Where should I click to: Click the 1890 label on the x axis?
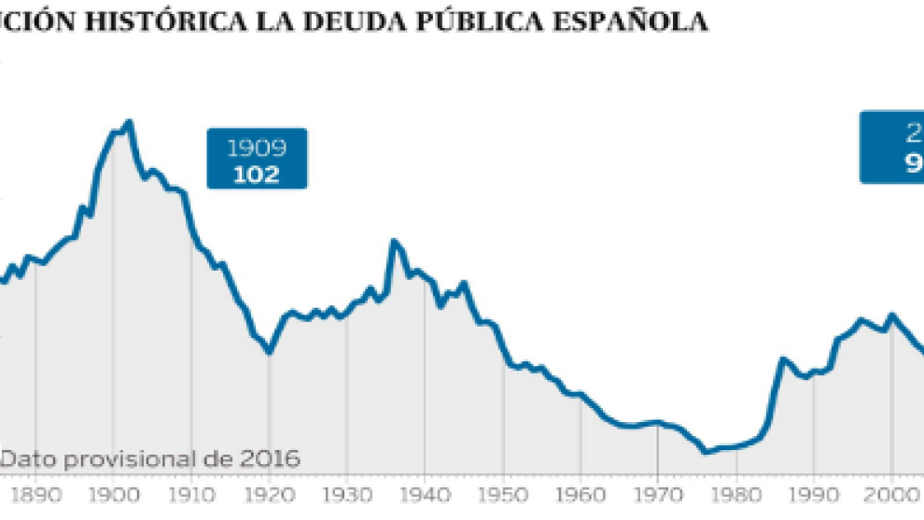(x=34, y=495)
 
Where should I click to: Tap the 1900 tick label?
(x=113, y=495)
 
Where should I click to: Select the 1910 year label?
(x=191, y=495)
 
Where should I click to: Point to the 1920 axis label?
(x=269, y=495)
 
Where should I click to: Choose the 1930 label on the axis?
(x=346, y=495)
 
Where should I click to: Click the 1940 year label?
(x=425, y=495)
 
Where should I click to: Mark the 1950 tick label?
(x=503, y=495)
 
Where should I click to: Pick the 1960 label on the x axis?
(x=581, y=495)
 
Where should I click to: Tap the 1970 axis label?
(x=658, y=495)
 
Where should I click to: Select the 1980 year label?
(x=736, y=495)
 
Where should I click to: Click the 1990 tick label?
(x=814, y=495)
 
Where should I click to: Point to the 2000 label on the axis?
(x=891, y=495)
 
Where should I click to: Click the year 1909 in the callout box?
(x=257, y=148)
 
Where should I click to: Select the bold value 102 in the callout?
(x=257, y=174)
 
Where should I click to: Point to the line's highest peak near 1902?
(x=129, y=121)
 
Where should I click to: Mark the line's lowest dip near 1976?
(x=705, y=453)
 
